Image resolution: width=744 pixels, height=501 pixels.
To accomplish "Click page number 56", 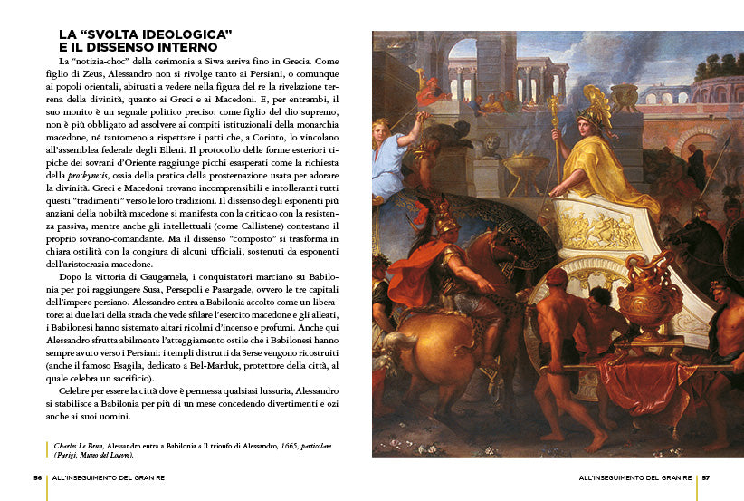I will click(38, 477).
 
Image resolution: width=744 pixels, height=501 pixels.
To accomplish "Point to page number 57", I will click(706, 477).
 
